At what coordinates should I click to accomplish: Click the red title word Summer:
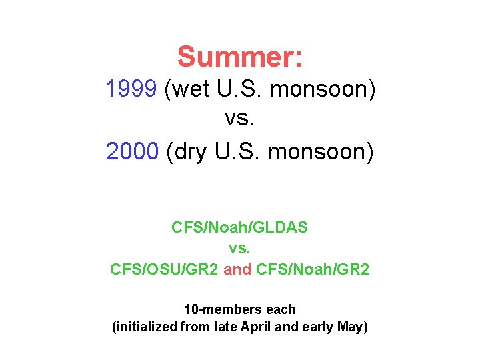(x=240, y=57)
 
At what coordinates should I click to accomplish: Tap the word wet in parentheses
(x=191, y=89)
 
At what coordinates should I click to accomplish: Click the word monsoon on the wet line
(x=323, y=89)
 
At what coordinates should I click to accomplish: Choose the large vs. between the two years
(x=240, y=120)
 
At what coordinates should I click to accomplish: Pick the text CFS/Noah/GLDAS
(x=239, y=227)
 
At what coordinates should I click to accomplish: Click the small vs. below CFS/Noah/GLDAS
(x=239, y=248)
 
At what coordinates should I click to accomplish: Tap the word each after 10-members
(x=280, y=309)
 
